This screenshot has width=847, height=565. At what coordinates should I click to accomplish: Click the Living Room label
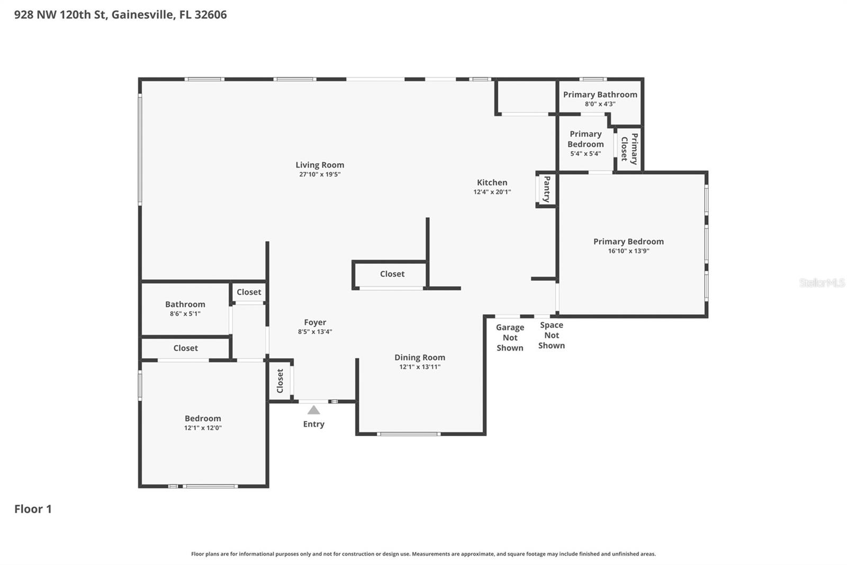pyautogui.click(x=320, y=165)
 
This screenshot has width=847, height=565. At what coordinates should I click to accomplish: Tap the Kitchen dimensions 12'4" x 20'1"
pyautogui.click(x=492, y=192)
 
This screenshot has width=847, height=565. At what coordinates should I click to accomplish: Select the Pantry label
pyautogui.click(x=547, y=189)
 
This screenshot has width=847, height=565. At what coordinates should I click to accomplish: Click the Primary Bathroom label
pyautogui.click(x=600, y=94)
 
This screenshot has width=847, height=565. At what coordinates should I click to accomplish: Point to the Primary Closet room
pyautogui.click(x=629, y=149)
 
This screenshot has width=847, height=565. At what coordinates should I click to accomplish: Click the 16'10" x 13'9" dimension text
pyautogui.click(x=628, y=251)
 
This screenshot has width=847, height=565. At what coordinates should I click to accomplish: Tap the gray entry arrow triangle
pyautogui.click(x=314, y=410)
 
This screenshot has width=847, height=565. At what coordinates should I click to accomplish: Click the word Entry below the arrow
pyautogui.click(x=313, y=424)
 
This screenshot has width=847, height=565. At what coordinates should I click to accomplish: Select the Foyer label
pyautogui.click(x=315, y=322)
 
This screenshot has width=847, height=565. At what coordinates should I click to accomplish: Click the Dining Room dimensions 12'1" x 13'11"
pyautogui.click(x=420, y=367)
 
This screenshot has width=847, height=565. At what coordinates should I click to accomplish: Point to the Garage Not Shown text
pyautogui.click(x=510, y=338)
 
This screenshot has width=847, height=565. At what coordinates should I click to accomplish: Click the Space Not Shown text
pyautogui.click(x=552, y=335)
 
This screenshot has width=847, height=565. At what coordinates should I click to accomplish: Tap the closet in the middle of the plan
pyautogui.click(x=392, y=274)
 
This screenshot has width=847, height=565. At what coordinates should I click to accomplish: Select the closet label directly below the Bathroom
pyautogui.click(x=185, y=348)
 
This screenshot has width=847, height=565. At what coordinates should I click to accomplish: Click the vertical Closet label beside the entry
pyautogui.click(x=280, y=381)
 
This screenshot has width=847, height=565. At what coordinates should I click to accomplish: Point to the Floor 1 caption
pyautogui.click(x=33, y=509)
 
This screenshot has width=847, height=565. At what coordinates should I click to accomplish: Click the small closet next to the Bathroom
pyautogui.click(x=249, y=292)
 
